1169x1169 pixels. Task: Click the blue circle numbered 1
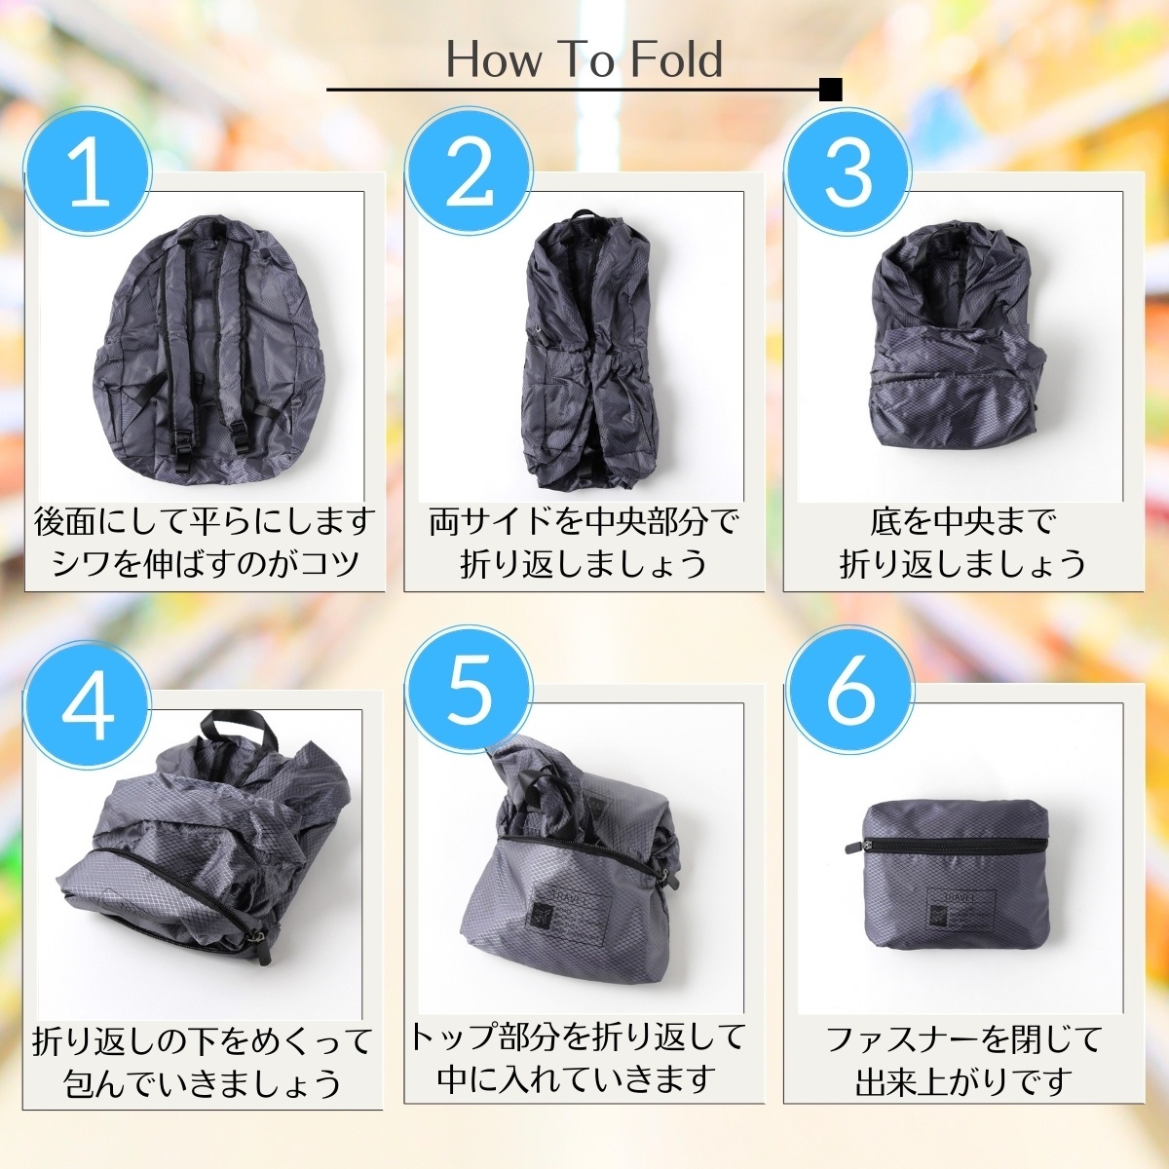pyautogui.click(x=88, y=171)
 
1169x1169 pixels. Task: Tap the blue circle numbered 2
pyautogui.click(x=470, y=171)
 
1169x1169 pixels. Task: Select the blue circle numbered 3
pyautogui.click(x=848, y=171)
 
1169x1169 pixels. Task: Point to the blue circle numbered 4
pyautogui.click(x=88, y=692)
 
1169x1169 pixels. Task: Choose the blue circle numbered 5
pyautogui.click(x=470, y=692)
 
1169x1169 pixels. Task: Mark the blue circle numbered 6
pyautogui.click(x=848, y=692)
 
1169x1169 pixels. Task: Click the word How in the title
pyautogui.click(x=495, y=59)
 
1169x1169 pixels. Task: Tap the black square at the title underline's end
pyautogui.click(x=831, y=90)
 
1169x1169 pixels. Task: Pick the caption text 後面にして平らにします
pyautogui.click(x=205, y=523)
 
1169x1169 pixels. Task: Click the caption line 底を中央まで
pyautogui.click(x=962, y=523)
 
